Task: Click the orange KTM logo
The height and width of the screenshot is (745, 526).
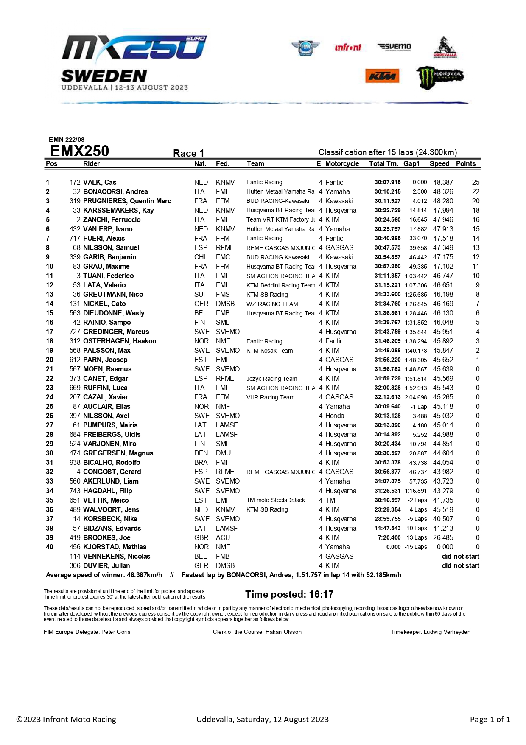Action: [x=382, y=76]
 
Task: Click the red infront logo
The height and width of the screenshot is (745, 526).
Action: [x=348, y=47]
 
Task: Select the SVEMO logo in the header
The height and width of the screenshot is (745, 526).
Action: [x=394, y=47]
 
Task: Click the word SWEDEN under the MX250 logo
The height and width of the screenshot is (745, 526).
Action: [x=104, y=76]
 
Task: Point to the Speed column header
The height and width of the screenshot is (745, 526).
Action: [x=439, y=164]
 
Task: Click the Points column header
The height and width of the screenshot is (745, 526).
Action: [x=465, y=164]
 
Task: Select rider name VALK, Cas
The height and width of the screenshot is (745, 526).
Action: [x=100, y=183]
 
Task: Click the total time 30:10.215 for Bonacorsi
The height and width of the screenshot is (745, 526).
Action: [x=387, y=192]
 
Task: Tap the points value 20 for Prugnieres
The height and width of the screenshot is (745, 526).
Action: [x=476, y=201]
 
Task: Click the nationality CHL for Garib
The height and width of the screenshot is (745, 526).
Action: [x=201, y=257]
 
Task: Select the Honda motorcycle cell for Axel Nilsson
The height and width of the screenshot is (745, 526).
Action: [x=335, y=416]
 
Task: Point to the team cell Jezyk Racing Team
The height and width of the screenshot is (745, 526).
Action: [x=271, y=379]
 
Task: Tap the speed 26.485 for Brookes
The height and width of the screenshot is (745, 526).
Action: [x=443, y=538]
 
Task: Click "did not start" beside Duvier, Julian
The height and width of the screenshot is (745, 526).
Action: [x=460, y=566]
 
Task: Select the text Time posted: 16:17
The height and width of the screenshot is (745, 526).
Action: [x=289, y=594]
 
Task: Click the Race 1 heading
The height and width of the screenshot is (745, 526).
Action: [x=188, y=153]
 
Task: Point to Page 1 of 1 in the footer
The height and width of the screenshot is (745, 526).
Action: [x=490, y=719]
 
